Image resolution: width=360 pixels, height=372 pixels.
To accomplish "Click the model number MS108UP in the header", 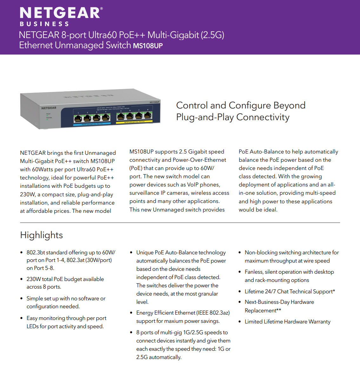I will pos(148,46).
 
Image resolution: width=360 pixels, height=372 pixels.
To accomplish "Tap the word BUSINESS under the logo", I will pos(44,24).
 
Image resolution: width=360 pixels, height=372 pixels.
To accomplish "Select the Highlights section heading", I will pos(41,235).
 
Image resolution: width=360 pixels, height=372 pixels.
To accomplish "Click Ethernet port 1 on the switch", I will pos(78,119).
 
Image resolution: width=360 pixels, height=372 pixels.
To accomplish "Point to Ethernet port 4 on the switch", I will pos(105,118).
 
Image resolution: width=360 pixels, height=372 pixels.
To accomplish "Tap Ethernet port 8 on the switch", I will pos(148,116).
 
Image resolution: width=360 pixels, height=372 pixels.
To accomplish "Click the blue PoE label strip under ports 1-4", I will pos(92,124).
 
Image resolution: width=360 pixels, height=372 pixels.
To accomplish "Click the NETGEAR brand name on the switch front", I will pos(49,108).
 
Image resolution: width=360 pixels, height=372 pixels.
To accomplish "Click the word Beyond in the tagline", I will pos(289,105).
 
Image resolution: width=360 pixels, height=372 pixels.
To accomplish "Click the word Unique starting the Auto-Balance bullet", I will pos(144,252).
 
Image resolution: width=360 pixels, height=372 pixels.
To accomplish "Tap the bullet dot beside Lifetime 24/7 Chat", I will pos(240,291).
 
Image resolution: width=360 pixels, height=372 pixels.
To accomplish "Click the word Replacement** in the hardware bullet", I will pos(263,310).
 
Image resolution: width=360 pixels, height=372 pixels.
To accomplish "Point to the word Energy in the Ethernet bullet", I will pos(144,313).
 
